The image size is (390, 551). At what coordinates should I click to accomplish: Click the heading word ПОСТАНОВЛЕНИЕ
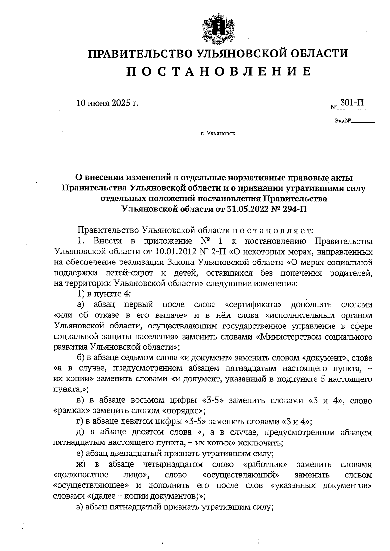tap(218, 71)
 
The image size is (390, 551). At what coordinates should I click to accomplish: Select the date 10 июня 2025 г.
tap(107, 103)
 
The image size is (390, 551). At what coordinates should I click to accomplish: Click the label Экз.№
tap(343, 121)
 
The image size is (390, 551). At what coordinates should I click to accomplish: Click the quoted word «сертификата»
tap(253, 305)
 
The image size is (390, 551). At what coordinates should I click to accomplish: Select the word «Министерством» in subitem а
tap(287, 336)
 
